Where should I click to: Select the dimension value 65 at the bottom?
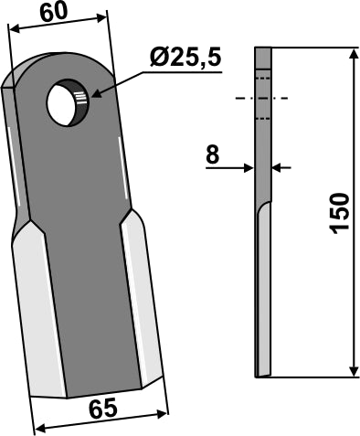[103, 410]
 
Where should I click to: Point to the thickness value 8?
[212, 155]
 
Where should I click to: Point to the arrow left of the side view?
[246, 167]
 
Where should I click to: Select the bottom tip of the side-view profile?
[263, 372]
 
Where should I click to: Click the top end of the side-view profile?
[263, 49]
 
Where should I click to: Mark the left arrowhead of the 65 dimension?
[37, 426]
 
